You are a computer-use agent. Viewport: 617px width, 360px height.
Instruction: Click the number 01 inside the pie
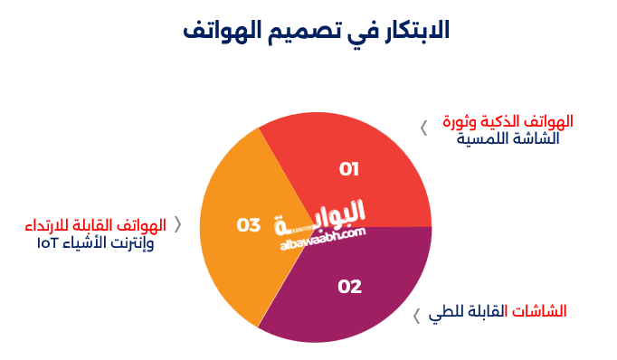coord(349,169)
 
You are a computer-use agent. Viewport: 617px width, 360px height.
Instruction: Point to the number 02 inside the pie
coord(349,287)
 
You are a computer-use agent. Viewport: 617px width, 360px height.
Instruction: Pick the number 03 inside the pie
coord(249,225)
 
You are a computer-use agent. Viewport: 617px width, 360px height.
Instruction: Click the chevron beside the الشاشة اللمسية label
coord(423,128)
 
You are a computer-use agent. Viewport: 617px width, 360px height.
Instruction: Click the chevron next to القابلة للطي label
coord(416,316)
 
